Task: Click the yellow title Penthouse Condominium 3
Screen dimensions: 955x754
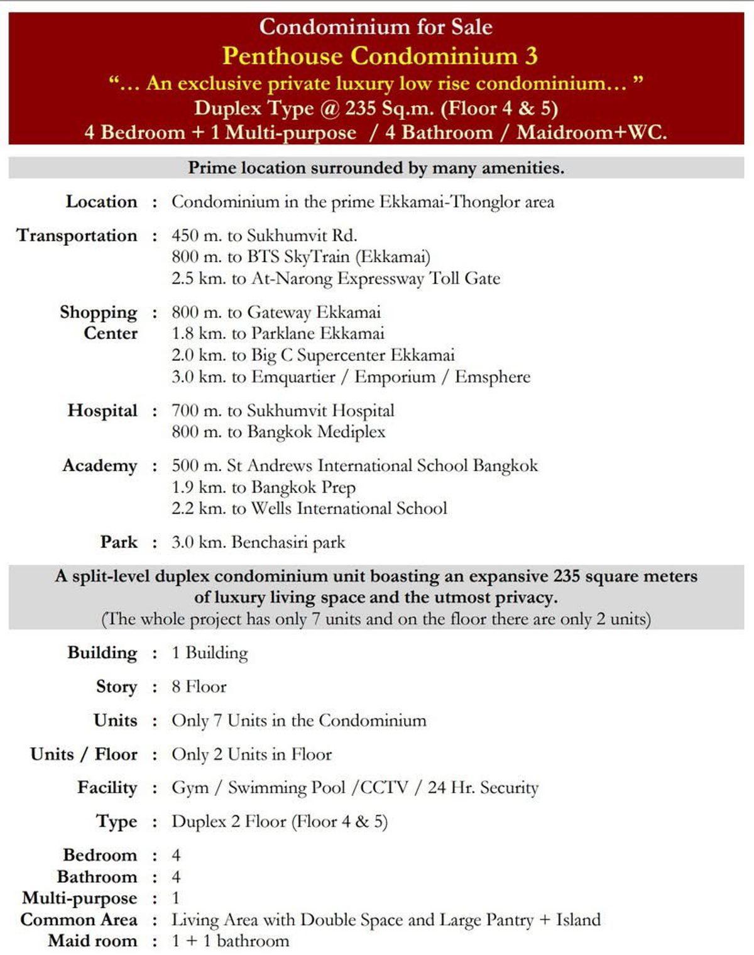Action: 380,56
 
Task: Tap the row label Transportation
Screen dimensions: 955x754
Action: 77,236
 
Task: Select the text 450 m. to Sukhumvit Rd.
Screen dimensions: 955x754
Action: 265,236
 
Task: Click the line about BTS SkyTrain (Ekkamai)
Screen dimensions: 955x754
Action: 301,257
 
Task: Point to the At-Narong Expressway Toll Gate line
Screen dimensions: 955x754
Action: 336,279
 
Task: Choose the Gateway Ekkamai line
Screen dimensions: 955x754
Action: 276,312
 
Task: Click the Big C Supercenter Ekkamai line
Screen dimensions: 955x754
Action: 313,355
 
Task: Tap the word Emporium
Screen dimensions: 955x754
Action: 395,377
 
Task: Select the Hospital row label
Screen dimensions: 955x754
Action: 102,411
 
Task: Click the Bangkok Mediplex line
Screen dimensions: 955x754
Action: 278,432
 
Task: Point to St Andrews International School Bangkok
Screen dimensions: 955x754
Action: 355,466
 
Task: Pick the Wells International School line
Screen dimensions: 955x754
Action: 309,509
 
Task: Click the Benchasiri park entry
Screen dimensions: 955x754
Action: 258,543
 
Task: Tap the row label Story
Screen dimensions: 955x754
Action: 116,687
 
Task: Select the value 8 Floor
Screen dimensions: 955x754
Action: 199,687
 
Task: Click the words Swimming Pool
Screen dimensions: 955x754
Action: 287,788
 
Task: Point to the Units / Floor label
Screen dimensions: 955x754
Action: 84,754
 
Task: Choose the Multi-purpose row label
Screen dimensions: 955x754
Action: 79,898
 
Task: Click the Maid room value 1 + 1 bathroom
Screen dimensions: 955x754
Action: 230,941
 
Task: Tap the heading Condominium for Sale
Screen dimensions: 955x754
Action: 376,27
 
